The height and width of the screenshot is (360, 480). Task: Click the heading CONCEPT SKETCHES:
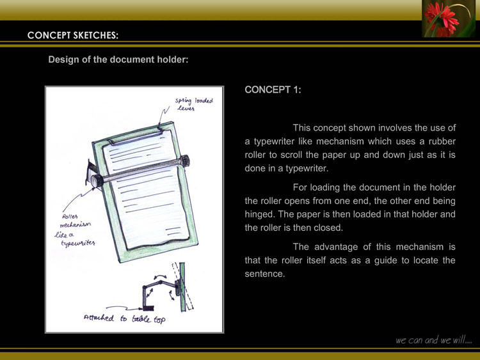click(73, 35)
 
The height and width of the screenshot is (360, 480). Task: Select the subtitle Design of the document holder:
click(118, 60)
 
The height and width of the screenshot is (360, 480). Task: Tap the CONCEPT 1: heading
click(273, 90)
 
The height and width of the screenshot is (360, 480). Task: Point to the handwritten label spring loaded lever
click(193, 104)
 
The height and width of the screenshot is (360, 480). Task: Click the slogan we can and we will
click(434, 340)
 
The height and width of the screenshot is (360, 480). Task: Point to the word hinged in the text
click(260, 200)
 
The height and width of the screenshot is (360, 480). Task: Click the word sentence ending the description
click(264, 274)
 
